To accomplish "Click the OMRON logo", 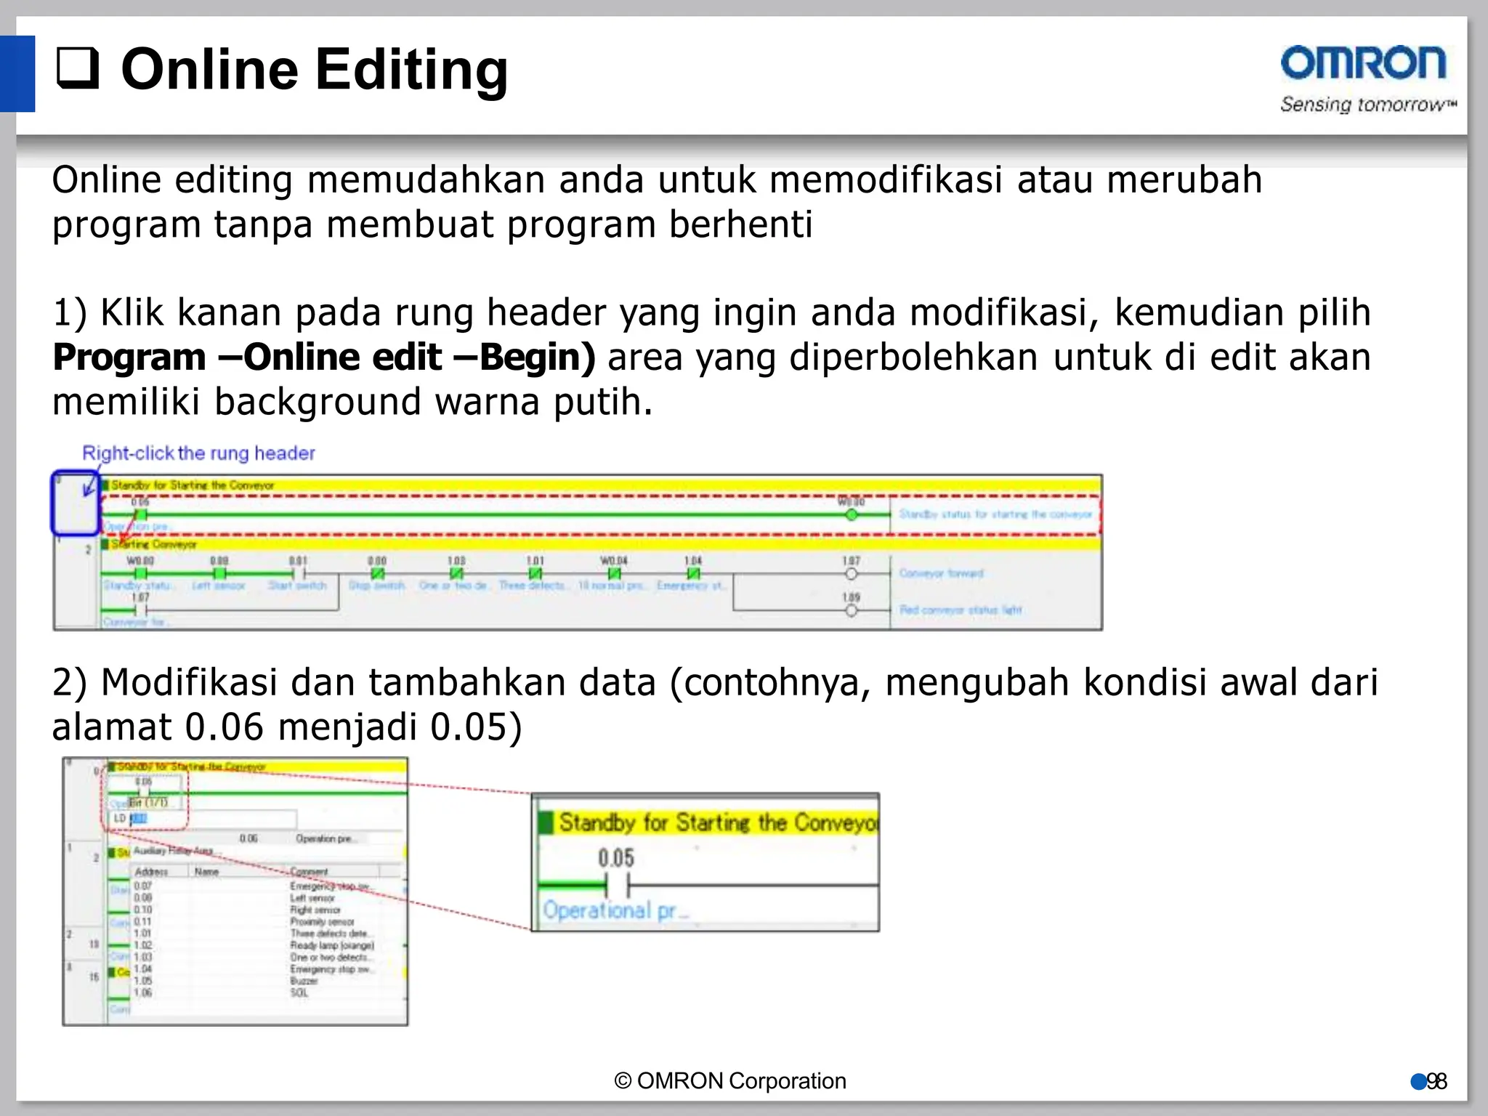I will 1363,63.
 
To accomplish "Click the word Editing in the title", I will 411,70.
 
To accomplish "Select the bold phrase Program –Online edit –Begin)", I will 323,357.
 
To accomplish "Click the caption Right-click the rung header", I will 198,453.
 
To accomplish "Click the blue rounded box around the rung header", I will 75,503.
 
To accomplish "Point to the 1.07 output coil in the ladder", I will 852,573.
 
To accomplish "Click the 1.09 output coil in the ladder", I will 852,610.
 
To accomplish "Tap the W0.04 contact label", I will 613,561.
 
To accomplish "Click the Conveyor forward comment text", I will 941,573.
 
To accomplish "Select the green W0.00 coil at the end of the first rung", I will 852,514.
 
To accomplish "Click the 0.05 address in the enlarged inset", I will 616,858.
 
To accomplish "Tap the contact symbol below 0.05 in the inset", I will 617,886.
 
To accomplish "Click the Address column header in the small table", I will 151,871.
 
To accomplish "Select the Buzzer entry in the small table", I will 304,981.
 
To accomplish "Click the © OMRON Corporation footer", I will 730,1081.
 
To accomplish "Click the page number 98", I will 1436,1082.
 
